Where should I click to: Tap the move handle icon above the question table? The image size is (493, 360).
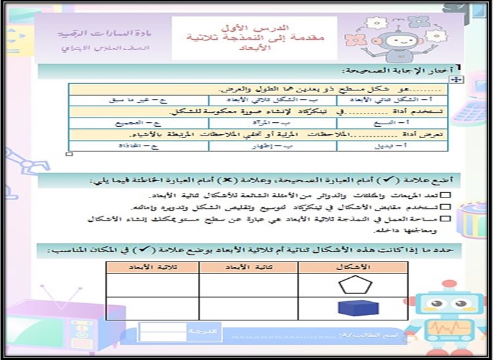click(x=455, y=79)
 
